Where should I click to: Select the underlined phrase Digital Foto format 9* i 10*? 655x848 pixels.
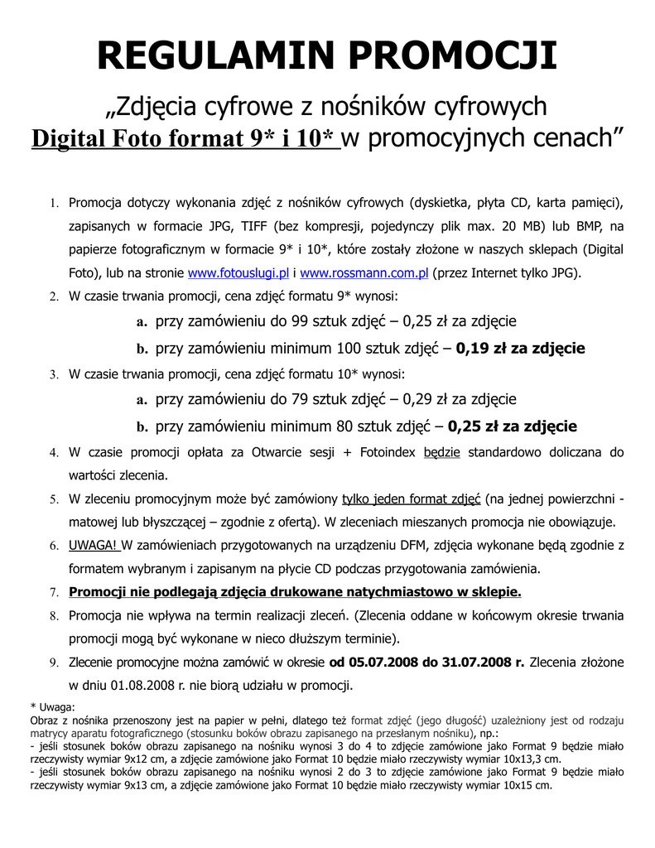click(x=185, y=138)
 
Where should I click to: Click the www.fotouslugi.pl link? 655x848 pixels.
click(x=238, y=272)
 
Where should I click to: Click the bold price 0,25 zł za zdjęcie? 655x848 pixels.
click(x=513, y=427)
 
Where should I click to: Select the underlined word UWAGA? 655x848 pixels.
click(x=94, y=546)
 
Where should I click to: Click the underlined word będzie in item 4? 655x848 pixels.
click(x=441, y=452)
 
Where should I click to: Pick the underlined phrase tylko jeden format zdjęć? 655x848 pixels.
click(x=411, y=499)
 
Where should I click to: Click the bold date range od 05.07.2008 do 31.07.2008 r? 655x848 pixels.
click(x=427, y=662)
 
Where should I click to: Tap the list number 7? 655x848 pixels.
click(x=53, y=593)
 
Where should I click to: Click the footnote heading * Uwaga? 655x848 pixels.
click(x=51, y=706)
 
